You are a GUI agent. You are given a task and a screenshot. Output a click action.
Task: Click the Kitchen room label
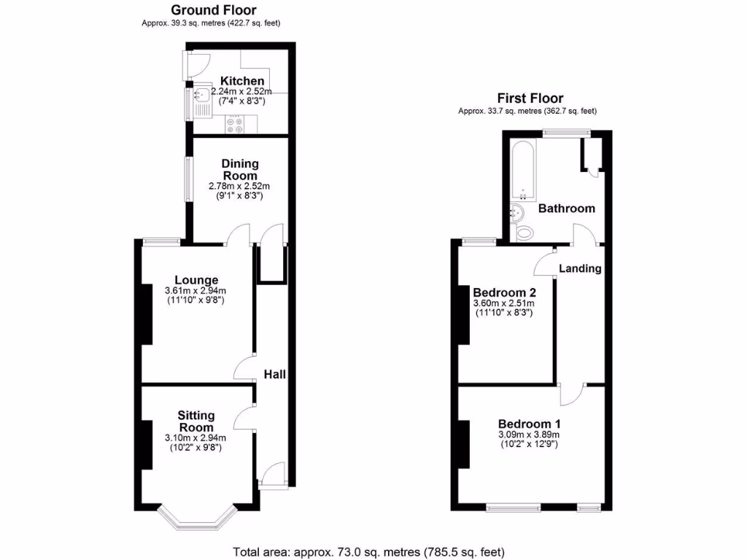(x=242, y=81)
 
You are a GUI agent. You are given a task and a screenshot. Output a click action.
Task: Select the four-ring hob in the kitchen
(x=236, y=125)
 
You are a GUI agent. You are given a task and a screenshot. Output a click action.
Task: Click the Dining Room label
(x=241, y=170)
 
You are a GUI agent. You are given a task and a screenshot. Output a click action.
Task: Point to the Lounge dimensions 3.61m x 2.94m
(x=196, y=292)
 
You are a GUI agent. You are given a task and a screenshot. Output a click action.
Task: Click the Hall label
(x=275, y=374)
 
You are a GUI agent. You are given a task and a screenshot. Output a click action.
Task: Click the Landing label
(x=580, y=268)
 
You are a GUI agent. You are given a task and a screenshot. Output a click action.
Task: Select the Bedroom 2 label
(x=505, y=292)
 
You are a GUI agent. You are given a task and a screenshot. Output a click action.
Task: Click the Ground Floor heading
(x=213, y=10)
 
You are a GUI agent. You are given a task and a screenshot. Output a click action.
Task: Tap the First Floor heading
(x=530, y=98)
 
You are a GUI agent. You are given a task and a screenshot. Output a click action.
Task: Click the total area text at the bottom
(x=368, y=551)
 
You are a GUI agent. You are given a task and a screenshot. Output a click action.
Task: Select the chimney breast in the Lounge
(x=146, y=314)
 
